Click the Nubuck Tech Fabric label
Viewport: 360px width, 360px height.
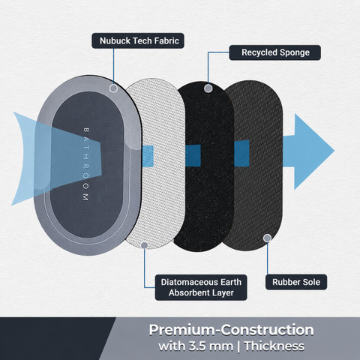coord(138,40)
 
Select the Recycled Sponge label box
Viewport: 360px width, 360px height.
coord(275,52)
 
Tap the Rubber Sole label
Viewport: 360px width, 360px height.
coord(296,282)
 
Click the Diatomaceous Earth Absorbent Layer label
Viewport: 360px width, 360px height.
coord(201,287)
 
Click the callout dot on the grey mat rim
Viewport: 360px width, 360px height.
coord(113,88)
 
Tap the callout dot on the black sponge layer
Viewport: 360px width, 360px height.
coord(208,88)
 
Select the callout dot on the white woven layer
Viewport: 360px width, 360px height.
coord(145,245)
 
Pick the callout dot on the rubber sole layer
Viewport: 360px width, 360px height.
coord(267,238)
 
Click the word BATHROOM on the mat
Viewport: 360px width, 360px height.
coord(85,164)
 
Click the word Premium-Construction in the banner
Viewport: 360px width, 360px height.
coord(231,330)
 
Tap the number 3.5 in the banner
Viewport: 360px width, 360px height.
coord(197,346)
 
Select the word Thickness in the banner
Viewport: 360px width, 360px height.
coord(274,346)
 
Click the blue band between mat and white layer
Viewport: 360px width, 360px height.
coord(148,156)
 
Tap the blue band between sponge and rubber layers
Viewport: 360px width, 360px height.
coord(241,153)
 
